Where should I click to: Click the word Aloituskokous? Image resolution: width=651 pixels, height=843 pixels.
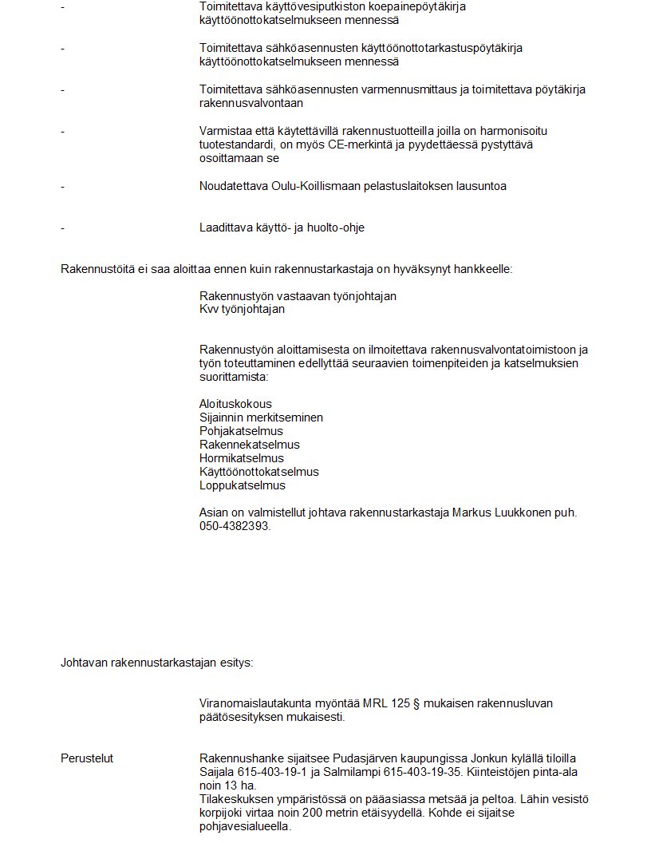[x=235, y=404]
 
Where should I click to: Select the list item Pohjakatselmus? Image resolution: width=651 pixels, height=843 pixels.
[x=241, y=431]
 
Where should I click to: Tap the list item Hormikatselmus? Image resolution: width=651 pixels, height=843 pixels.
[x=241, y=458]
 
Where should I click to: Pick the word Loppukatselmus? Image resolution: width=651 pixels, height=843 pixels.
[x=242, y=485]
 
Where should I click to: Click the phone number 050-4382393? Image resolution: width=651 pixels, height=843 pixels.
[x=235, y=526]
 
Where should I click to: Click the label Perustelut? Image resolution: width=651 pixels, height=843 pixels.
[x=87, y=758]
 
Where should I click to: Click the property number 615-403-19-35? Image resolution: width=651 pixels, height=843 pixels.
[x=432, y=772]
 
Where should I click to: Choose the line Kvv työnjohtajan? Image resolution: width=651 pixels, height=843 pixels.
[x=242, y=309]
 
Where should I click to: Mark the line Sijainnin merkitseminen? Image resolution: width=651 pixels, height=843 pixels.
[x=261, y=418]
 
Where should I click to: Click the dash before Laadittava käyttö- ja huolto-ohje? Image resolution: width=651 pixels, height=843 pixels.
[x=63, y=228]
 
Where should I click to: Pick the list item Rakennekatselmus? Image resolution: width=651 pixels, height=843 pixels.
[x=249, y=445]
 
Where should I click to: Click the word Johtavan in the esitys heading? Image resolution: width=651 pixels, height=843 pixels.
[x=85, y=662]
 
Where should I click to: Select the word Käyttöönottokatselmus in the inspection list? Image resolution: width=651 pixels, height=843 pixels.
[x=258, y=472]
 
